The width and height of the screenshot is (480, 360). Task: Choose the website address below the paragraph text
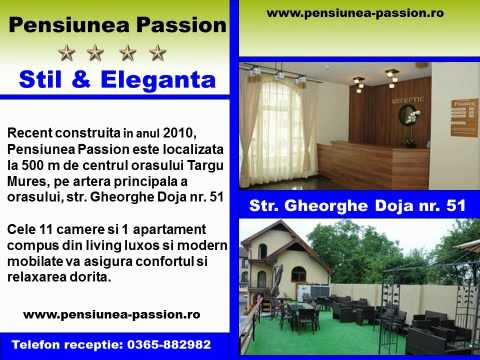(112, 314)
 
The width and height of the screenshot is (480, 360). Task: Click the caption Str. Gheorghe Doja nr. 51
(357, 205)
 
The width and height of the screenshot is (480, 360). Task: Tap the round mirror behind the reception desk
(408, 115)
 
